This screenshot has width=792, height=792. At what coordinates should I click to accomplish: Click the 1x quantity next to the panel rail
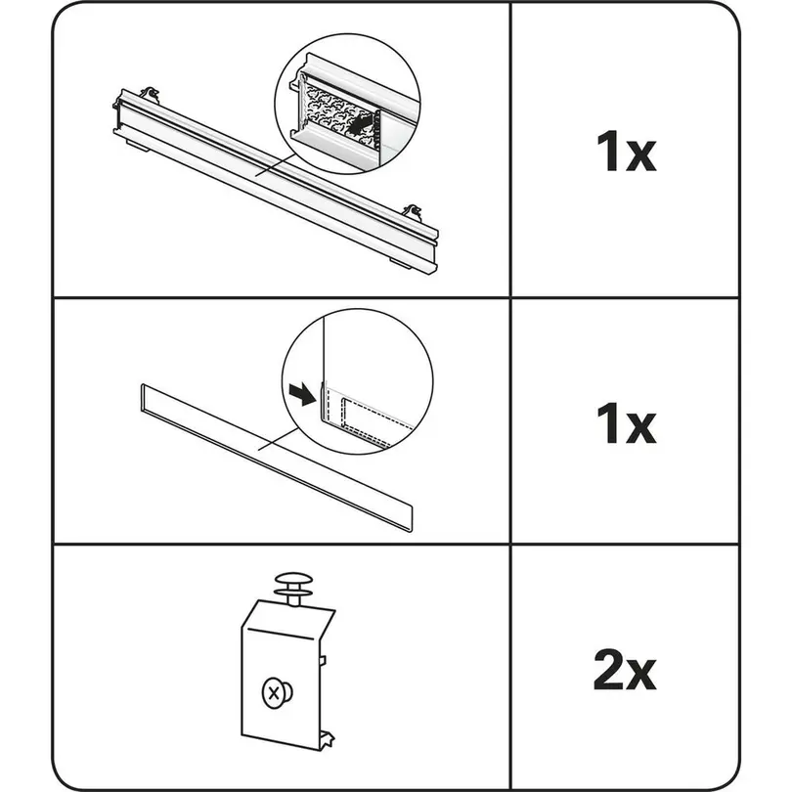coord(626,151)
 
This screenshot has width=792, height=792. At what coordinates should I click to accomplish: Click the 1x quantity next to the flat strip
coord(626,423)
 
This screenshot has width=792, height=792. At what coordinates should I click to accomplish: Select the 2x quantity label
coord(625,670)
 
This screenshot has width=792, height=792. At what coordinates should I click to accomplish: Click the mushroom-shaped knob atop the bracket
coord(293,588)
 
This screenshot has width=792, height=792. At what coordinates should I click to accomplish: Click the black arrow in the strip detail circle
coord(302,394)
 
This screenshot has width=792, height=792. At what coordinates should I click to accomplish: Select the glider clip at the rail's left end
coord(150,95)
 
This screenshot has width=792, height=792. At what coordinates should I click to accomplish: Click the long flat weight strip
coord(276,458)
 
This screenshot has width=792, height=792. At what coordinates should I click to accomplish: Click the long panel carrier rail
coord(276,182)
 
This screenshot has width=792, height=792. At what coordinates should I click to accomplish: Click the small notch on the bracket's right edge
coord(323,660)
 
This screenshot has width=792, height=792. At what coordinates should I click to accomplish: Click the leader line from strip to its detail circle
coord(279,438)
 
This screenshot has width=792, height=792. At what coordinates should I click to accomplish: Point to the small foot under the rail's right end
coord(400,262)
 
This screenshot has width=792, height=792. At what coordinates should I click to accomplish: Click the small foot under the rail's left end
coord(137,146)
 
